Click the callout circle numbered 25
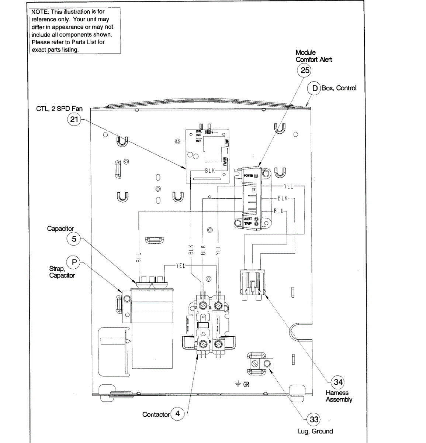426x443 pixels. (x=305, y=70)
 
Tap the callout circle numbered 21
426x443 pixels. (x=74, y=119)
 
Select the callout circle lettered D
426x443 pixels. (x=315, y=88)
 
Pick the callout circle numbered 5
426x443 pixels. (x=74, y=239)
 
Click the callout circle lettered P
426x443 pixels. (x=74, y=262)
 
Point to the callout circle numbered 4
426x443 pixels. (x=177, y=413)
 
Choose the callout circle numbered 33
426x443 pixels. (x=314, y=419)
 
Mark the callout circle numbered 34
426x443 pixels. (x=338, y=382)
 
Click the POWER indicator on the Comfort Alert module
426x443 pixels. (x=256, y=176)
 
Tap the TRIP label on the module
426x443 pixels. (x=247, y=224)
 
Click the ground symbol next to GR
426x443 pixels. (x=238, y=384)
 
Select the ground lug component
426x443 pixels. (x=260, y=363)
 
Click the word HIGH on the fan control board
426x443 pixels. (x=209, y=132)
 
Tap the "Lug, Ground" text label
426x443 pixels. (x=315, y=431)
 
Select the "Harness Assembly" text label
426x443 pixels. (x=339, y=396)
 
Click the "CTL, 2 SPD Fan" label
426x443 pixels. (x=59, y=109)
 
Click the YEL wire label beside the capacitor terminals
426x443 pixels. (x=180, y=265)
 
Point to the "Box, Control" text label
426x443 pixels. (x=339, y=88)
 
